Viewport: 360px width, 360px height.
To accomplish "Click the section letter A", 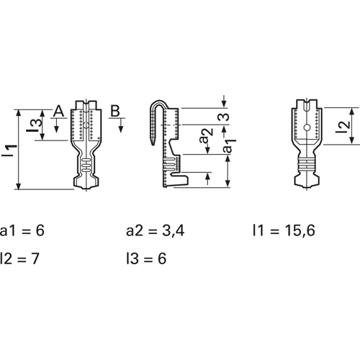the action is point(58,111).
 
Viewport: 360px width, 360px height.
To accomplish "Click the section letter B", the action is point(115,111).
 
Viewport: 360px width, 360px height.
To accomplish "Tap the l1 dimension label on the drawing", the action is point(9,151).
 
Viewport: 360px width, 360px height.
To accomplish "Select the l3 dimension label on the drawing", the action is point(34,125).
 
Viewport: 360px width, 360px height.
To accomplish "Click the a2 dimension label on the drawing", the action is point(207,136).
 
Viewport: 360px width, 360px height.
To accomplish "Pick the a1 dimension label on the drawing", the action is point(230,146).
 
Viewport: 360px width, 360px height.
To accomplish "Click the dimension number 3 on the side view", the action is point(223,117).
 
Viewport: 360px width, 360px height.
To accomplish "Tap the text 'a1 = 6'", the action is point(22,230).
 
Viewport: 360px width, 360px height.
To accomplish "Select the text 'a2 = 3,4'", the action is point(156,230).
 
